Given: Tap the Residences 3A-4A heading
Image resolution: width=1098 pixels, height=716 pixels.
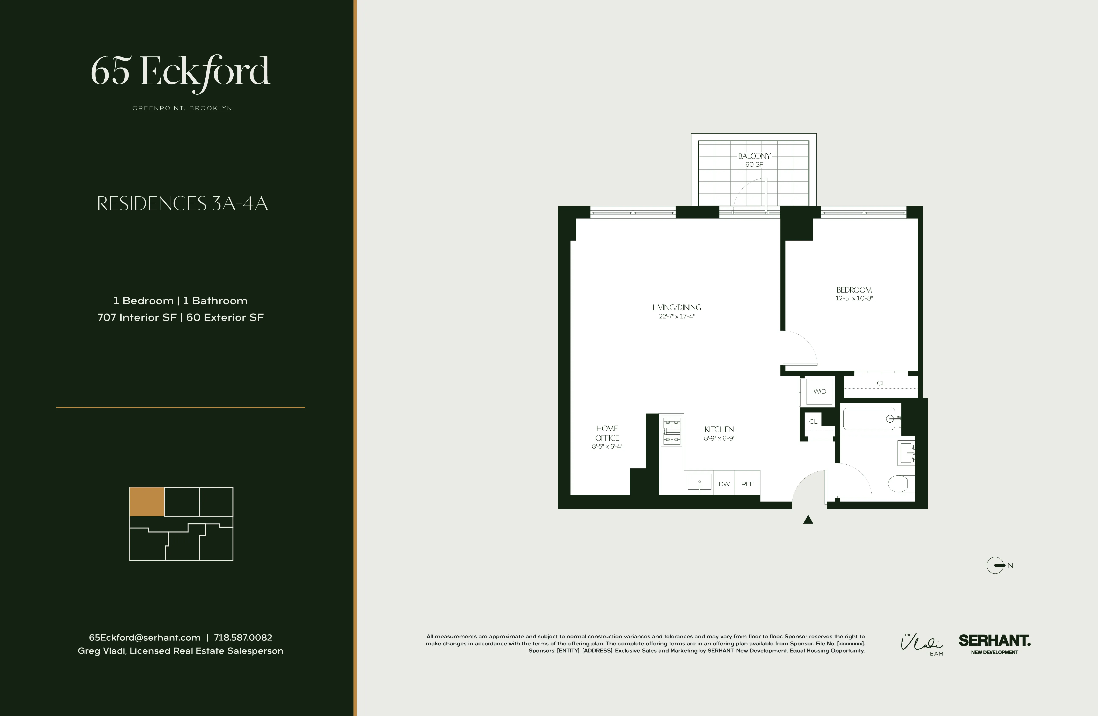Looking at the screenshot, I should click(x=182, y=203).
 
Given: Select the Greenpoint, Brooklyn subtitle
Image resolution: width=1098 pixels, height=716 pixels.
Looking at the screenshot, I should click(x=182, y=108).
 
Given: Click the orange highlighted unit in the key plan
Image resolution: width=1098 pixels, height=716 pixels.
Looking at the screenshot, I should click(x=147, y=502).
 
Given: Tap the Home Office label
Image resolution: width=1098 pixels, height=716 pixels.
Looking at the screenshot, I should click(x=607, y=433).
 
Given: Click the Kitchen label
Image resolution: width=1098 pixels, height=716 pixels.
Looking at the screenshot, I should click(x=719, y=429).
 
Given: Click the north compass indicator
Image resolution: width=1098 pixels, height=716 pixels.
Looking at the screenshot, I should click(x=997, y=565).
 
